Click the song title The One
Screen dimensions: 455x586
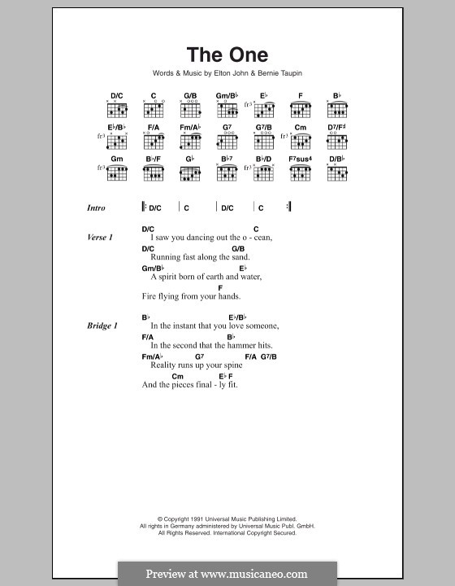click(x=227, y=55)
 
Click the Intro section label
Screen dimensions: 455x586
click(x=96, y=208)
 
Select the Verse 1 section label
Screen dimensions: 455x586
click(x=99, y=237)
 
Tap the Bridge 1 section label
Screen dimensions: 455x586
click(x=102, y=326)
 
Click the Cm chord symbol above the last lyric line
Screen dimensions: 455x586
click(x=177, y=376)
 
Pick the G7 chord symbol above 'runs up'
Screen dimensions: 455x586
click(x=199, y=356)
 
